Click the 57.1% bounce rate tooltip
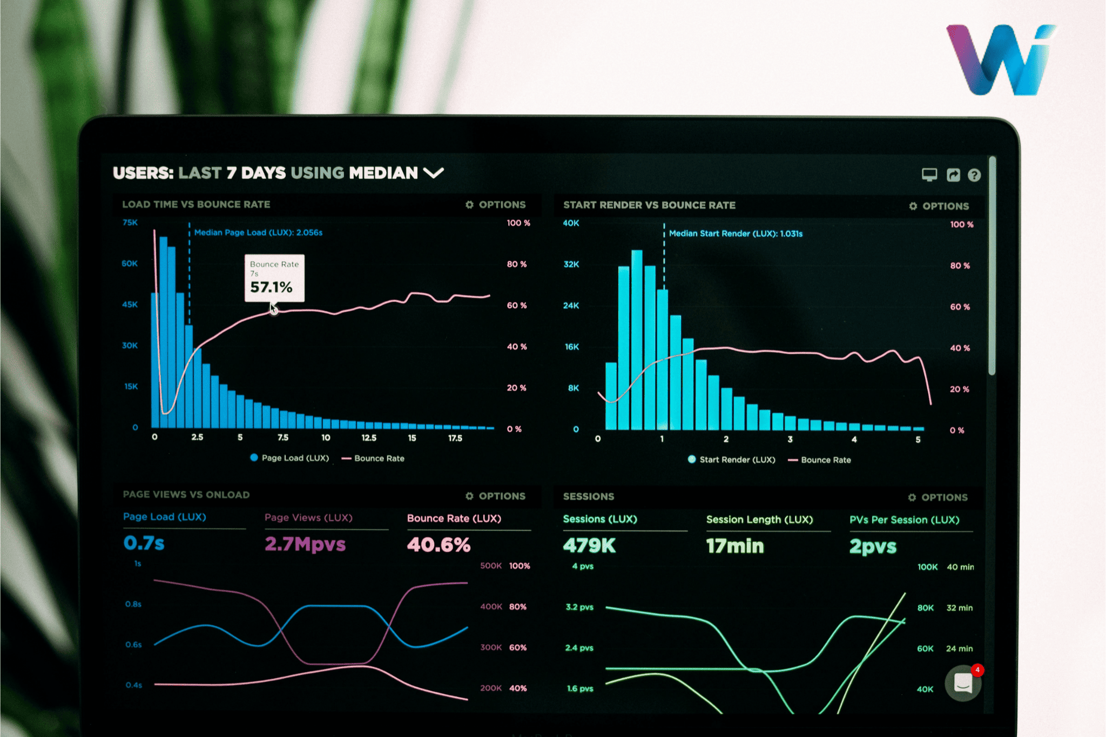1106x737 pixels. (274, 278)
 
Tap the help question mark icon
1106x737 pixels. (974, 175)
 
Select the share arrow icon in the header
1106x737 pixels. (953, 175)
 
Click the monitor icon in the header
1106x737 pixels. (929, 174)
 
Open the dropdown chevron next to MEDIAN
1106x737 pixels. (433, 173)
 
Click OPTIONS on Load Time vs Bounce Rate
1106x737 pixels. (496, 205)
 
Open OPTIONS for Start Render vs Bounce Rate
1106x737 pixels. (939, 206)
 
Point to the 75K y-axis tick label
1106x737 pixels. (130, 222)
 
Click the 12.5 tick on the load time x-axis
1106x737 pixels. (369, 438)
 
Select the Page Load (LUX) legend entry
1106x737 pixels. (290, 458)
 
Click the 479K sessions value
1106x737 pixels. (589, 545)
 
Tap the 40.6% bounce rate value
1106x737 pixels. (439, 545)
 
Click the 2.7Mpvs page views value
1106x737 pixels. (305, 544)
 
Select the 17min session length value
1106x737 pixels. (735, 546)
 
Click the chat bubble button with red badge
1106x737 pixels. (963, 683)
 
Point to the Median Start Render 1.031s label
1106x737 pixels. (736, 234)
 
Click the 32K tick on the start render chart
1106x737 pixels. (571, 264)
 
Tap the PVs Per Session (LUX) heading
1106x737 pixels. (905, 519)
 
